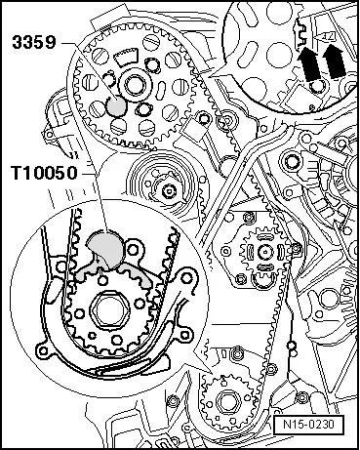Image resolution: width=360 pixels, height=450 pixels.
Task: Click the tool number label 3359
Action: pyautogui.click(x=34, y=43)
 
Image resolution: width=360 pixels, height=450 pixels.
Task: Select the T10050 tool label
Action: pyautogui.click(x=45, y=173)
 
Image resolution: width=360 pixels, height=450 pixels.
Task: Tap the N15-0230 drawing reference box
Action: pyautogui.click(x=308, y=425)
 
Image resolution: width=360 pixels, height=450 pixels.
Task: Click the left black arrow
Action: pyautogui.click(x=308, y=63)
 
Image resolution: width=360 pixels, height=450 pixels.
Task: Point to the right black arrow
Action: pyautogui.click(x=334, y=61)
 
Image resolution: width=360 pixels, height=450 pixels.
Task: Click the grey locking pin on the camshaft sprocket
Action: pyautogui.click(x=116, y=106)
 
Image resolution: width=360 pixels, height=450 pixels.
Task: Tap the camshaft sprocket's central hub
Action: pyautogui.click(x=133, y=86)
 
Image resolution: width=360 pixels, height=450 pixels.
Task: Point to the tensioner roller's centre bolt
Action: pyautogui.click(x=169, y=190)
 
